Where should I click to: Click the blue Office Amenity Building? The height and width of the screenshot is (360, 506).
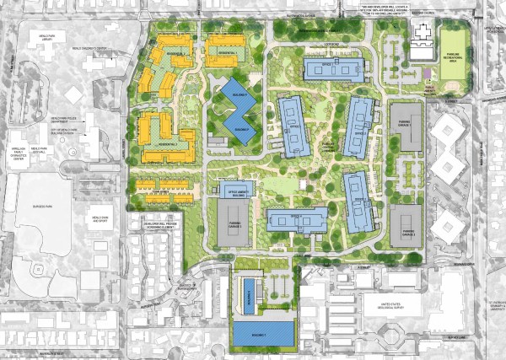pos(234,191)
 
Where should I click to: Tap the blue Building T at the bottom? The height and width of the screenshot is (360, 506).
pos(263,334)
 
